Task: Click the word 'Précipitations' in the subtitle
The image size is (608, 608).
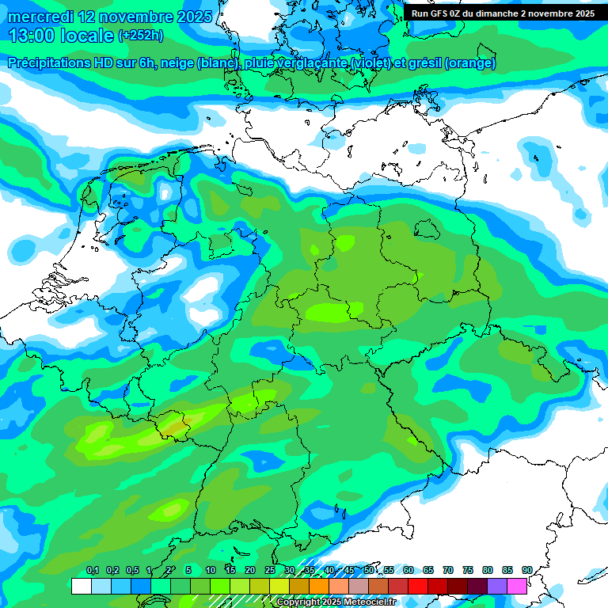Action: (48, 63)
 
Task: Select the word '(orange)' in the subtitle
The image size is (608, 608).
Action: (470, 63)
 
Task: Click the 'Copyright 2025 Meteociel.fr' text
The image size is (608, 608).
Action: (336, 602)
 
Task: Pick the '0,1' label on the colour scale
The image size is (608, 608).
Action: (92, 571)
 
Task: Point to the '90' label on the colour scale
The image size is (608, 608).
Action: (526, 571)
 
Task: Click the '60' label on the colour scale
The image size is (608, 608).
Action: (408, 571)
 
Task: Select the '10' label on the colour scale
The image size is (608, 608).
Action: (211, 571)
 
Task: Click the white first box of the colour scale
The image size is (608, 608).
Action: (81, 586)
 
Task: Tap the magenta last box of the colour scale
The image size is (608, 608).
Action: (517, 586)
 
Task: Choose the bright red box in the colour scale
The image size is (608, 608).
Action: (418, 586)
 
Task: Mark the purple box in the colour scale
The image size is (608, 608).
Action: (497, 586)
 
